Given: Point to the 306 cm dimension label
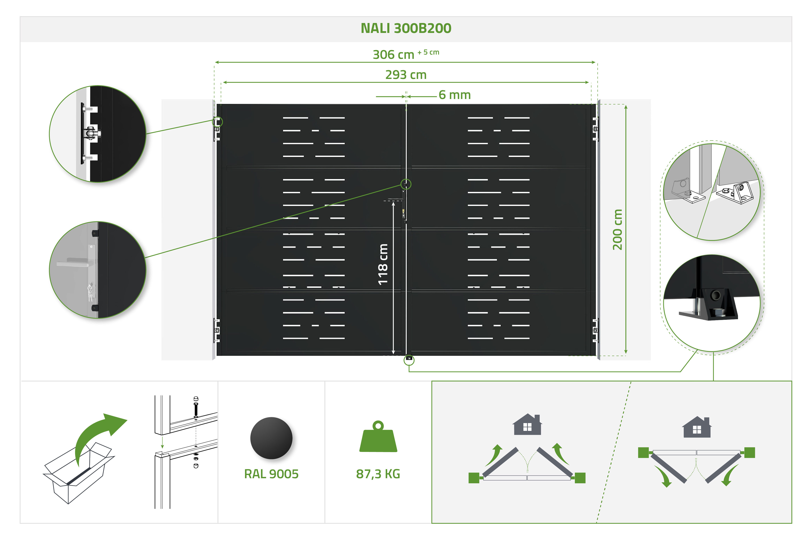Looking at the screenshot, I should pos(394,54).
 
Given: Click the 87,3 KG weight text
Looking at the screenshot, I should pos(378,474).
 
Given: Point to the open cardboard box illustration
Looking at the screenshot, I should pos(78,472).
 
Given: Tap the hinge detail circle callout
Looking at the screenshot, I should pos(97,134).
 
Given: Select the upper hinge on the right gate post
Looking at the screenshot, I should pos(595,129).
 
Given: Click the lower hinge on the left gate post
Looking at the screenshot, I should pos(217,330).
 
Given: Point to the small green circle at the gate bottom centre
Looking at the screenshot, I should pos(409,360).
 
